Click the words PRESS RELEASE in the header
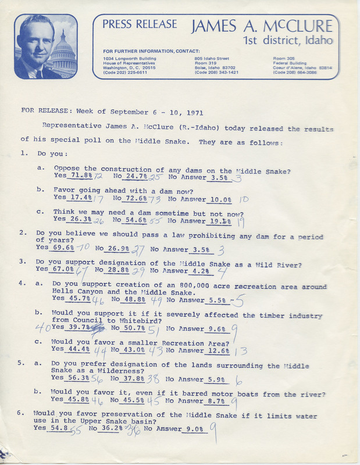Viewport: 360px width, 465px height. (x=140, y=24)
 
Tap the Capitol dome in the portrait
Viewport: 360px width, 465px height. (x=63, y=50)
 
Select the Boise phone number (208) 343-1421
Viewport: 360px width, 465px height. (x=216, y=72)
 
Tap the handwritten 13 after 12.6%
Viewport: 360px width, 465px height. (x=241, y=350)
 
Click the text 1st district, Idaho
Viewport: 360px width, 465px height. (x=288, y=40)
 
